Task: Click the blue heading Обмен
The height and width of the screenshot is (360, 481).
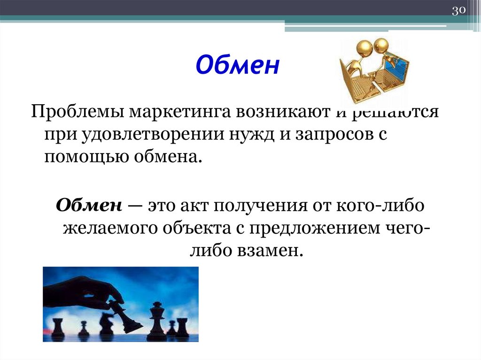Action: [x=237, y=66]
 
